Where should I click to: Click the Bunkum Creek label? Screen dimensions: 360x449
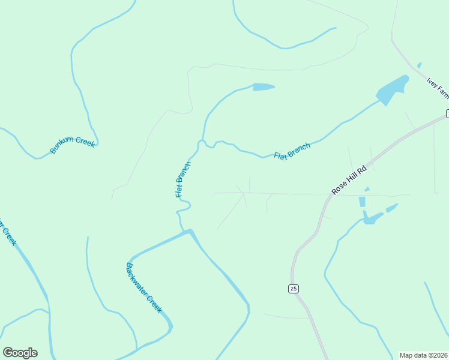pos(72,145)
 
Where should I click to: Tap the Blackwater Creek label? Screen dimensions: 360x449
pos(144,287)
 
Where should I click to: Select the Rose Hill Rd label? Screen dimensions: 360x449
pos(349,180)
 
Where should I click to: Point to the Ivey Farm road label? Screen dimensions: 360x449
pos(438,88)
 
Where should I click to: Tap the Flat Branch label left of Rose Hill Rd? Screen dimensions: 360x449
pos(292,151)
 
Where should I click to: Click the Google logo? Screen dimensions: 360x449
pos(20,353)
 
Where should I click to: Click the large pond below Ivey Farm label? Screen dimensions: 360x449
pos(392,91)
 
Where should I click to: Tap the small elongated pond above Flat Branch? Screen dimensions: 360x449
pos(264,87)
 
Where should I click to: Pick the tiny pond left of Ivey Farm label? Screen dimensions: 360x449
pos(419,65)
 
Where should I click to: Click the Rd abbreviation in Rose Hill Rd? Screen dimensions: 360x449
pos(361,170)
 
